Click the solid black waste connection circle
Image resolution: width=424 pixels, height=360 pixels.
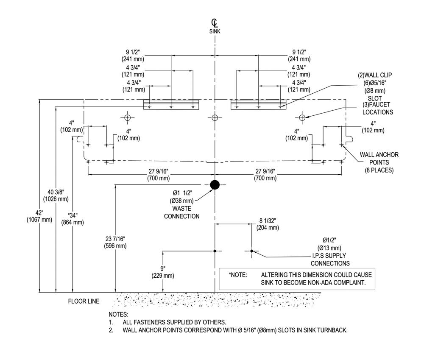point(215,185)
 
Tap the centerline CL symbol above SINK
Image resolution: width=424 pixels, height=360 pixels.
point(215,23)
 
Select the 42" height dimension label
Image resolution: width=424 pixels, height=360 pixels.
point(39,216)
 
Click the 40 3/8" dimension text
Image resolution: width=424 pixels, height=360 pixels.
point(56,195)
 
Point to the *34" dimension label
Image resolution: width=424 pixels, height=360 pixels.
point(73,219)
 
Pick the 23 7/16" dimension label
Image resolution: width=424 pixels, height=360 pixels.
point(115,243)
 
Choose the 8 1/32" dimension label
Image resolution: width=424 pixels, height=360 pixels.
point(268,224)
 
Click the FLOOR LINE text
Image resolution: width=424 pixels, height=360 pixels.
point(84,301)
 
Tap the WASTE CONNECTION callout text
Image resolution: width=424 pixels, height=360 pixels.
point(182,212)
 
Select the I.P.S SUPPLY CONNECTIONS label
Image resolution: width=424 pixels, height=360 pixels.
point(330,260)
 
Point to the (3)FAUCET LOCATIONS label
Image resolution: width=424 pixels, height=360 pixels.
point(377,108)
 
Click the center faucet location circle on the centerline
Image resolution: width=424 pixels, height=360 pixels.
point(215,117)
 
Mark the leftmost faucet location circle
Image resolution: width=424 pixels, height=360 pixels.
point(127,117)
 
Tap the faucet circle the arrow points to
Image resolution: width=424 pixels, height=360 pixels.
point(302,117)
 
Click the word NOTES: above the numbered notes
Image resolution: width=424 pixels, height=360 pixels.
point(118,315)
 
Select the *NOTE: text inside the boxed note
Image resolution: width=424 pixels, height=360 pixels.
point(238,275)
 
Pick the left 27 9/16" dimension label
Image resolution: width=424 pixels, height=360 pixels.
point(159,175)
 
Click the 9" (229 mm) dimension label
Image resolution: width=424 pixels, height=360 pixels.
point(163,272)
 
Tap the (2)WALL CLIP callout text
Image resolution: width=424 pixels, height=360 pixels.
point(375,75)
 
